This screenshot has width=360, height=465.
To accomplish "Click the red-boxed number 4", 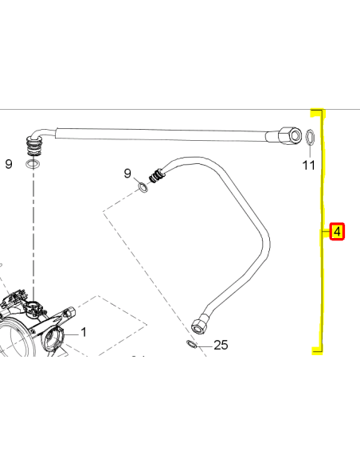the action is click(337, 232).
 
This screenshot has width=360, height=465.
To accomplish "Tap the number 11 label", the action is click(308, 165).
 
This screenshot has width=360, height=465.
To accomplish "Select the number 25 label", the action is click(221, 346).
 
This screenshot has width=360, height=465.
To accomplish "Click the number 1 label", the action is click(84, 333).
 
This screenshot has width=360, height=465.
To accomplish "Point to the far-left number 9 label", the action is click(9, 164).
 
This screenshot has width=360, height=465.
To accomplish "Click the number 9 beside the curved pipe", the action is click(127, 174).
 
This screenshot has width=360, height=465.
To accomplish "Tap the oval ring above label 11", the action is click(310, 137).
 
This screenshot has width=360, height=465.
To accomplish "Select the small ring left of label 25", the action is click(192, 344).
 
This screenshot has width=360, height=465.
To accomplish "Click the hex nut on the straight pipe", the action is click(290, 135).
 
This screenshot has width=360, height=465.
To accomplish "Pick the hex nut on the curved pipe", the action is click(200, 324).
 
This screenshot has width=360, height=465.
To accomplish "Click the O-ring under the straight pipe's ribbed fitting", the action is click(33, 163).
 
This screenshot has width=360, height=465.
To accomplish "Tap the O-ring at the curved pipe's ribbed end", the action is click(143, 187).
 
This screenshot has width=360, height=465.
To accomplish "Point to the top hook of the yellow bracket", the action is click(317, 111).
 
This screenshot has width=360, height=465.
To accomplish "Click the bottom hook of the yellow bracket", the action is click(317, 351).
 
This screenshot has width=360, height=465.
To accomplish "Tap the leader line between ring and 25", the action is click(205, 346).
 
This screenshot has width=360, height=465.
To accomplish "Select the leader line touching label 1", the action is click(71, 334).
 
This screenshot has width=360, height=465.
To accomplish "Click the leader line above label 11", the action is click(310, 151).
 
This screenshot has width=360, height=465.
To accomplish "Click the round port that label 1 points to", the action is click(53, 338).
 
